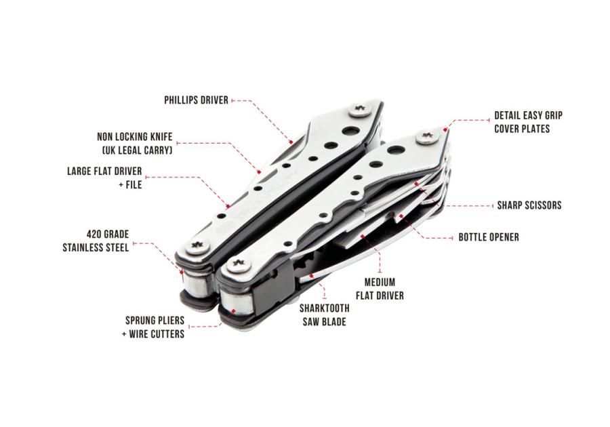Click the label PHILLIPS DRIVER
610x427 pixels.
(x=196, y=100)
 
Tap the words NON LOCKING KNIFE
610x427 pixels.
(x=135, y=137)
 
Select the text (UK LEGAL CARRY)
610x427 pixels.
(x=137, y=150)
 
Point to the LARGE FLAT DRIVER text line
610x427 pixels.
(x=104, y=171)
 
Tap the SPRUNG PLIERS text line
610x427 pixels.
(x=155, y=321)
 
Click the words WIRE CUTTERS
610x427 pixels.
(x=157, y=334)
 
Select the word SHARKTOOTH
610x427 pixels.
(x=325, y=308)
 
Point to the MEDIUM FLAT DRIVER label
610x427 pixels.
(x=380, y=289)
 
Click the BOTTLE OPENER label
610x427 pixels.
(x=489, y=237)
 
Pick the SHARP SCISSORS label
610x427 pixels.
(x=529, y=205)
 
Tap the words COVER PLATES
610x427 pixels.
(x=522, y=129)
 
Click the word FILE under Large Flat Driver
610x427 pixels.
(x=134, y=184)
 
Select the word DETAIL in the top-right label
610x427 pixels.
(x=507, y=115)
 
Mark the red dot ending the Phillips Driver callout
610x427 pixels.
(x=291, y=141)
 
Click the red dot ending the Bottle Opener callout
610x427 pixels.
(x=401, y=216)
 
